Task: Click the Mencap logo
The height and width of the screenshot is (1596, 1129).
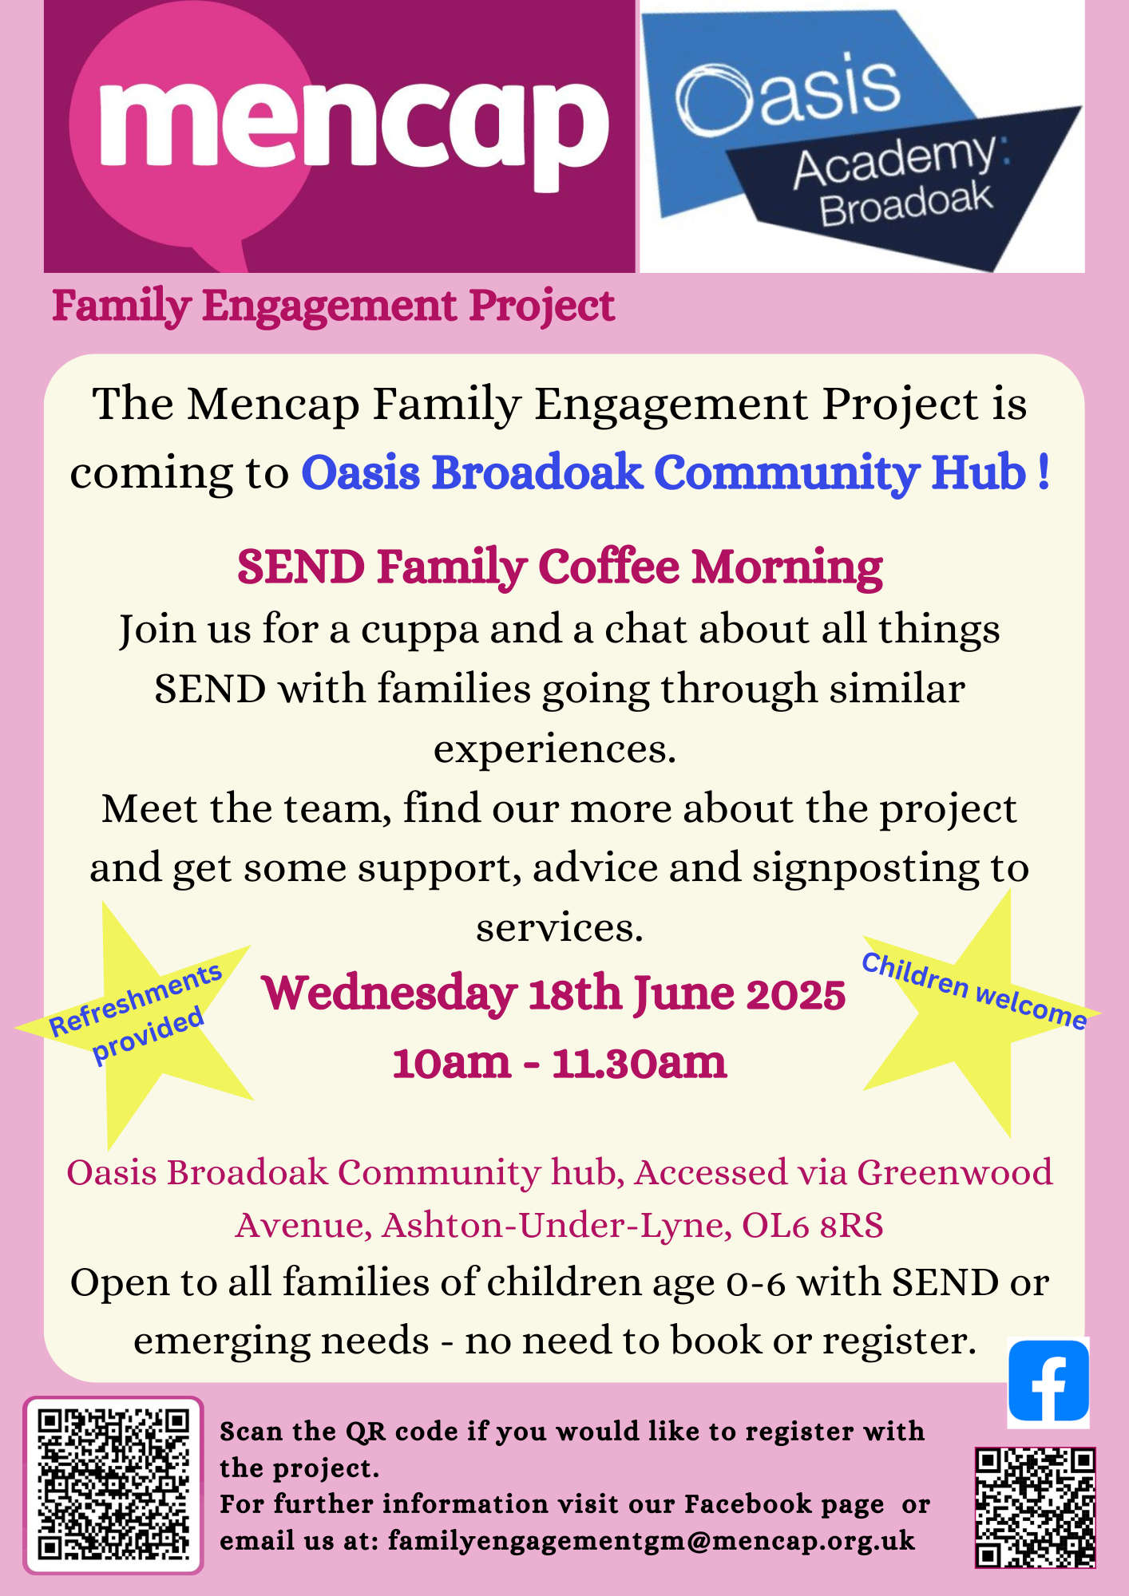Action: [339, 136]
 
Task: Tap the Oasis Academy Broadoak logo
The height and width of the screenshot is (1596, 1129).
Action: [862, 136]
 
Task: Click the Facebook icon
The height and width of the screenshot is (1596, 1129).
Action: [1048, 1382]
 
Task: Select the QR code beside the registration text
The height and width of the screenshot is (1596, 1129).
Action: [113, 1485]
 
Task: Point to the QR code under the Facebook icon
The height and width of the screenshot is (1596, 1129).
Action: [1035, 1507]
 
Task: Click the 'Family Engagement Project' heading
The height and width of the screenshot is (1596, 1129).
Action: [333, 306]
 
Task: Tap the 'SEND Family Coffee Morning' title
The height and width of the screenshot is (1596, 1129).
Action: [560, 567]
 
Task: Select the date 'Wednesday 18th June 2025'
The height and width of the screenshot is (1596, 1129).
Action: [553, 994]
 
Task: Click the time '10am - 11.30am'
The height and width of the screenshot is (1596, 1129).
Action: [560, 1062]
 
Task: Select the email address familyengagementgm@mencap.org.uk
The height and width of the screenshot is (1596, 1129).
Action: [652, 1540]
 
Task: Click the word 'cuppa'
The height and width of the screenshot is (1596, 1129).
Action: [419, 631]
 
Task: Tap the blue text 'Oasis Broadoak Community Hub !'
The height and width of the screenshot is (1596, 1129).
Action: [675, 472]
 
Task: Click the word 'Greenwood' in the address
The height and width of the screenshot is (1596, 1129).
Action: [955, 1173]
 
